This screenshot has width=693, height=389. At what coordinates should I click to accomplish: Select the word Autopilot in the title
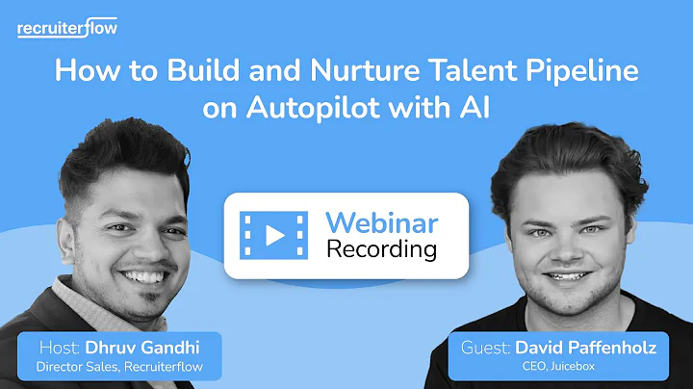[x=323, y=109]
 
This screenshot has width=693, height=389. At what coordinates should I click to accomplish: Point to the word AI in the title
[x=475, y=109]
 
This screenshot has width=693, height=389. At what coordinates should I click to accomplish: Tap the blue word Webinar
[x=381, y=222]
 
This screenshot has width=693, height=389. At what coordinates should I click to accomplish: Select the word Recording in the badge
[x=381, y=249]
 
